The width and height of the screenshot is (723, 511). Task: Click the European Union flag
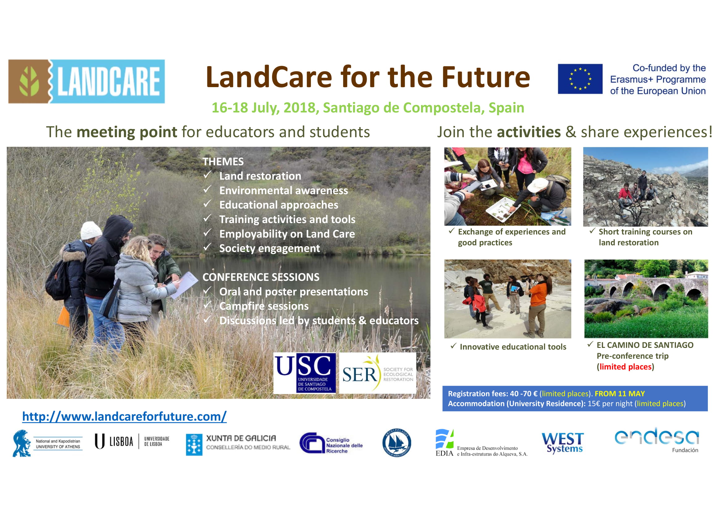click(x=580, y=79)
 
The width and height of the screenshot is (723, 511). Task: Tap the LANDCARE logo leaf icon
click(x=29, y=82)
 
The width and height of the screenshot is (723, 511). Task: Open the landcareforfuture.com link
click(x=124, y=416)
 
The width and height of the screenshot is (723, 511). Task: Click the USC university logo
click(x=304, y=373)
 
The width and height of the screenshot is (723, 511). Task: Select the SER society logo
click(x=377, y=373)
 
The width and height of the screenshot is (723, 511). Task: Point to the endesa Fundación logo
click(x=657, y=440)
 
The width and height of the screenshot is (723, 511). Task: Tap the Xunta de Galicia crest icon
click(x=194, y=445)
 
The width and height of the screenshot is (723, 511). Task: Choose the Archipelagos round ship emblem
click(x=397, y=443)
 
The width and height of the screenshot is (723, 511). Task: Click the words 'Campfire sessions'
click(x=264, y=306)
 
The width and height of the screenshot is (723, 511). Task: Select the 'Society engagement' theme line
click(x=270, y=248)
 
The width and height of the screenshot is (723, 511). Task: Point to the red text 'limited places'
click(x=625, y=367)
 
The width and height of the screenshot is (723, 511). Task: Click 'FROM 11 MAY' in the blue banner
click(x=620, y=394)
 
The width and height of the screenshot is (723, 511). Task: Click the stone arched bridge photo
click(x=646, y=299)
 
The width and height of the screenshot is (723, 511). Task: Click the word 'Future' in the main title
click(x=486, y=77)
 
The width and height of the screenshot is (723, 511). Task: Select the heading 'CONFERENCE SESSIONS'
click(x=261, y=277)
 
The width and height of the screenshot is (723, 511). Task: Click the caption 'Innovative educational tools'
click(x=513, y=347)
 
